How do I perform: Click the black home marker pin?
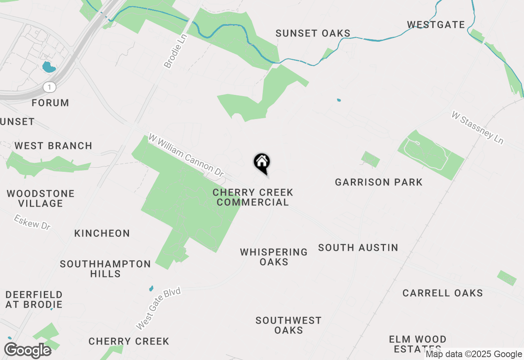click(262, 162)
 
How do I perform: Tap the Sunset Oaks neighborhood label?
click(313, 33)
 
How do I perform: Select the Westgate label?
click(436, 25)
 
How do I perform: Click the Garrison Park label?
click(379, 182)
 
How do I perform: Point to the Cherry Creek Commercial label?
click(253, 197)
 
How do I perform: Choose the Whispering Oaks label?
click(274, 257)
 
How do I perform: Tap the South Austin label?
click(358, 248)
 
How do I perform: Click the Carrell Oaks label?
click(443, 293)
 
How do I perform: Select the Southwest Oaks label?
click(289, 325)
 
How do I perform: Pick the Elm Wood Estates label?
click(418, 344)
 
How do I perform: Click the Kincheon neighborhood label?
click(102, 233)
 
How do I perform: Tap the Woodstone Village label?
click(41, 198)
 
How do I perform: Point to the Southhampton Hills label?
click(105, 269)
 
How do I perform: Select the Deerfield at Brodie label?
click(34, 299)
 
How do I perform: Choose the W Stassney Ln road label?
click(477, 127)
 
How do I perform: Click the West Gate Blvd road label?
click(158, 308)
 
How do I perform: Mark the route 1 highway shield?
click(50, 87)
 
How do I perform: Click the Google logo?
click(28, 351)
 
